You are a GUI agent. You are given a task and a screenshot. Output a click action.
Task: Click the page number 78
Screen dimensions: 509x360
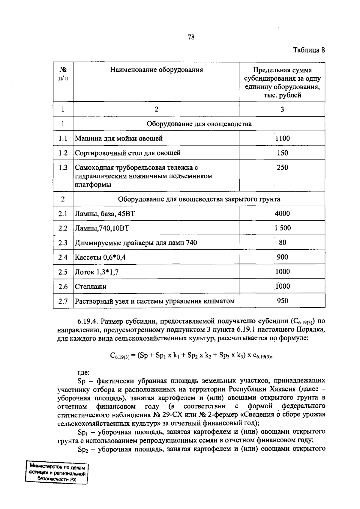click(x=191, y=37)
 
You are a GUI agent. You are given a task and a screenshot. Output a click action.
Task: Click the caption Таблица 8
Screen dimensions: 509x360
click(x=309, y=50)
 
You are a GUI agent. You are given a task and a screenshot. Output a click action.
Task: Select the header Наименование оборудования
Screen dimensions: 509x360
click(x=156, y=70)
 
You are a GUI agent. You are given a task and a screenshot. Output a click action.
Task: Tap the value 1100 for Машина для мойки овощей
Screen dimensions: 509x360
click(x=282, y=138)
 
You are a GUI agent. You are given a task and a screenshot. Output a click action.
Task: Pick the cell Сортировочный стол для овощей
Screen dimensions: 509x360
click(x=128, y=153)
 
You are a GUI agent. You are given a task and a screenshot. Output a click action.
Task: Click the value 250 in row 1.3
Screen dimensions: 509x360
click(x=282, y=167)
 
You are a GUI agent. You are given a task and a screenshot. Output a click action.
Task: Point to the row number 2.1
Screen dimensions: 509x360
click(x=63, y=213)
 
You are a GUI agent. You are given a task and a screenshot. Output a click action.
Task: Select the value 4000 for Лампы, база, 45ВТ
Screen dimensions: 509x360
click(x=282, y=213)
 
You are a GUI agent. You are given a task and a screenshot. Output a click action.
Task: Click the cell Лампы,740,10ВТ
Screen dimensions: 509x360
click(x=102, y=228)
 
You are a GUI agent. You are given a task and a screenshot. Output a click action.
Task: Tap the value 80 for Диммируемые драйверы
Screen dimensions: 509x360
click(x=282, y=242)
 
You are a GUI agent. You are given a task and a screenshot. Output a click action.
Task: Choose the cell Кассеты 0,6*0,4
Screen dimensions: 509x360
click(x=100, y=257)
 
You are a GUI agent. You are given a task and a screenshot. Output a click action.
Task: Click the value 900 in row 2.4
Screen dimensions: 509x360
click(x=282, y=257)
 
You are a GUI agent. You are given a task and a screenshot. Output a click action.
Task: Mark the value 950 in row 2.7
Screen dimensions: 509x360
click(x=282, y=301)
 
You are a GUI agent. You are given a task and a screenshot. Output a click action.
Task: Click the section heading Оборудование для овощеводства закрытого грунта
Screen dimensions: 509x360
click(x=199, y=199)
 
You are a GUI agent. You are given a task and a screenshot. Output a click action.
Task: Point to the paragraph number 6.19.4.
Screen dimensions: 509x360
click(x=88, y=321)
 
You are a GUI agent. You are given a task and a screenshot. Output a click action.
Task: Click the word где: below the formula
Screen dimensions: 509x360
click(x=83, y=373)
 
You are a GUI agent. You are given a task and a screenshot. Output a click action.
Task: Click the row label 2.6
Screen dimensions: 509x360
click(x=63, y=287)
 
